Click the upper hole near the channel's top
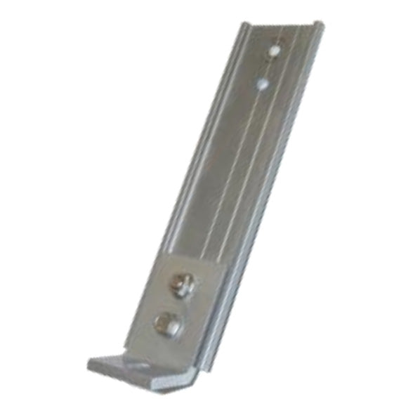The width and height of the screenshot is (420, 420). [275, 51]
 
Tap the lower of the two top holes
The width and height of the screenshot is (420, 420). [262, 84]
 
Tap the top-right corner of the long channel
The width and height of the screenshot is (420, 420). [322, 24]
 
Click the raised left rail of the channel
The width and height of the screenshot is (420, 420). [211, 140]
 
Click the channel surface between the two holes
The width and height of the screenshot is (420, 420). [268, 67]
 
